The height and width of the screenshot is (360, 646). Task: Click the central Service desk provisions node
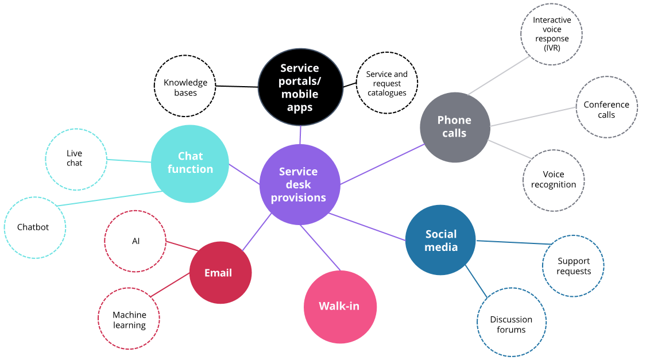[299, 184]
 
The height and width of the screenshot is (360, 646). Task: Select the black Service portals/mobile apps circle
[300, 87]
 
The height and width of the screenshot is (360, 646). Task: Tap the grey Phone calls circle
[455, 126]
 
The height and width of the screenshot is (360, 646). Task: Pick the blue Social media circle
[440, 240]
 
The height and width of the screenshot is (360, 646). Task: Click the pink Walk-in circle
[339, 306]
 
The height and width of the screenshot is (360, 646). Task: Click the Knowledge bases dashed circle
[185, 87]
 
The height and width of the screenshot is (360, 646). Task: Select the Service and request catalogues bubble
[386, 83]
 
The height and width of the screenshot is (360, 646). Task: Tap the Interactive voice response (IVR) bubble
[551, 33]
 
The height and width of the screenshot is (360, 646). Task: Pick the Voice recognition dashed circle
[554, 180]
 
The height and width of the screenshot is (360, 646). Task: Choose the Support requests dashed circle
[573, 265]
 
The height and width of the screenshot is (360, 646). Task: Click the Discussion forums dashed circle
[511, 324]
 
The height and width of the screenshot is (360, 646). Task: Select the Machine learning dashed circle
[129, 319]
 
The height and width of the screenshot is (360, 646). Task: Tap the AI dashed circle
[136, 241]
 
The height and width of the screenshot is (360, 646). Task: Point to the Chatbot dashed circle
[34, 227]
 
